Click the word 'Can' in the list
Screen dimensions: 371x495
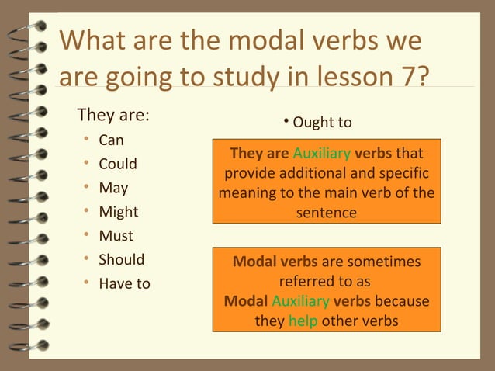(111, 140)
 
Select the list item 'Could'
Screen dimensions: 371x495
(117, 164)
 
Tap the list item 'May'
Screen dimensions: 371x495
(113, 188)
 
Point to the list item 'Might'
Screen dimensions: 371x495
(118, 212)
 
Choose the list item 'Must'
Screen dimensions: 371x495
(116, 236)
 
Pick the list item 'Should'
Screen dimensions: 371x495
(121, 259)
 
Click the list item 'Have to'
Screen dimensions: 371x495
(124, 283)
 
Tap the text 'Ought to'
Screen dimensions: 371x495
(322, 123)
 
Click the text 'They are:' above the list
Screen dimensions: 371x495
(113, 116)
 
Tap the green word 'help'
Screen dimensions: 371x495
(303, 321)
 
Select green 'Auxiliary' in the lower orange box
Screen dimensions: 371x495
(299, 301)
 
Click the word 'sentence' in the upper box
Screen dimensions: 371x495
(326, 212)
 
